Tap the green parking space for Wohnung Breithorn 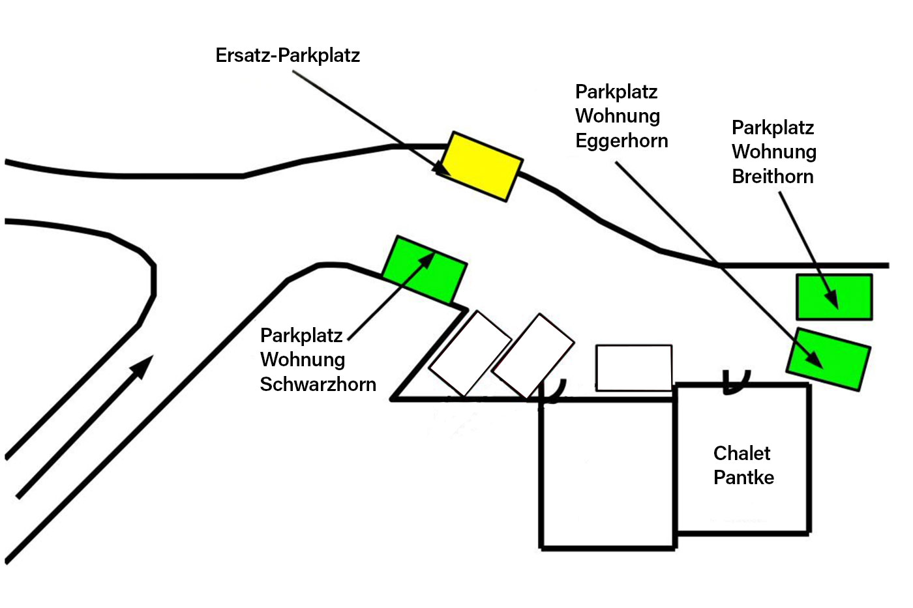click(834, 297)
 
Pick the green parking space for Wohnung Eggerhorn click(828, 359)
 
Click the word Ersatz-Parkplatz click(288, 55)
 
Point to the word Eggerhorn click(621, 141)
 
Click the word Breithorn click(773, 177)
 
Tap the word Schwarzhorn click(318, 384)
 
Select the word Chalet click(741, 453)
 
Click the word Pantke click(743, 478)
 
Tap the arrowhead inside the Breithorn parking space click(831, 299)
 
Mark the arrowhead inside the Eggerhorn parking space click(815, 360)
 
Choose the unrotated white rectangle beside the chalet click(634, 368)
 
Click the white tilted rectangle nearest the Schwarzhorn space click(470, 353)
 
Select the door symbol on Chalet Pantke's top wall click(736, 382)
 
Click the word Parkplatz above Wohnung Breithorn click(773, 128)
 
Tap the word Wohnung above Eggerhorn click(618, 116)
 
